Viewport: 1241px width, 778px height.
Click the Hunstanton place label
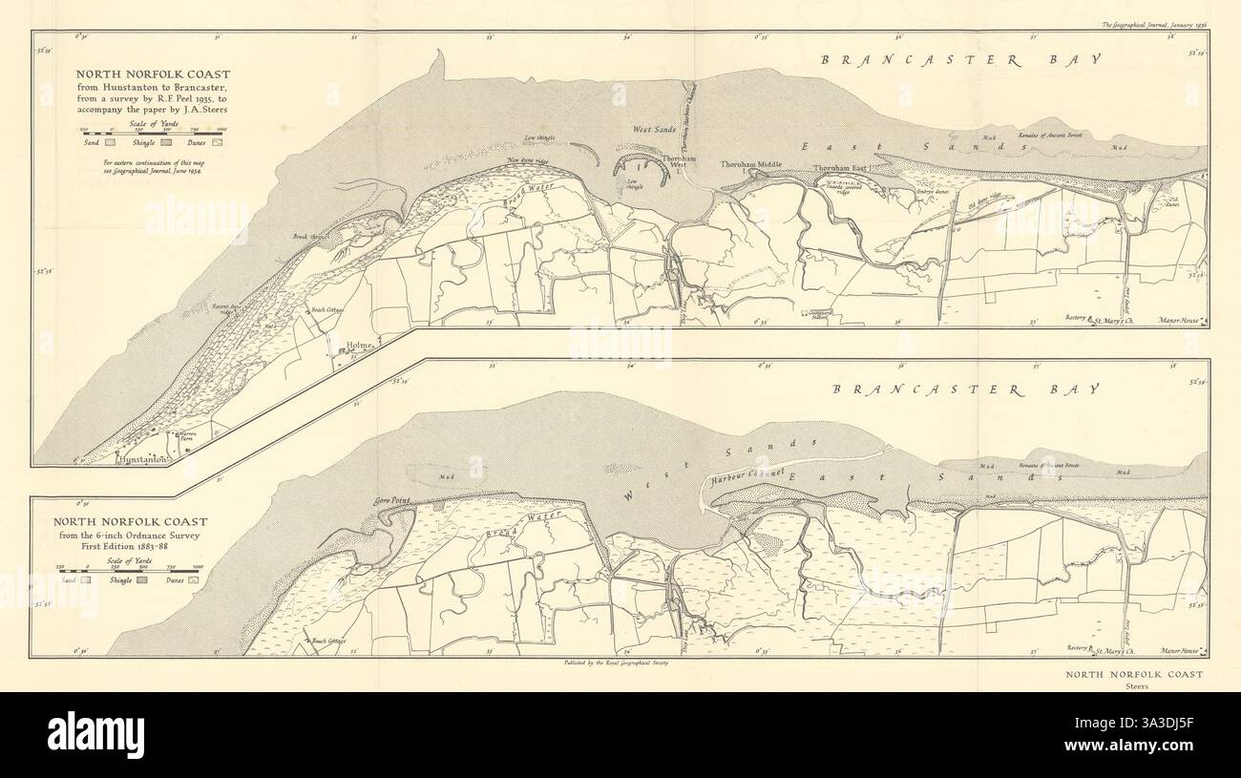tap(142, 459)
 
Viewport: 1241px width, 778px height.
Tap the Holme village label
tap(361, 345)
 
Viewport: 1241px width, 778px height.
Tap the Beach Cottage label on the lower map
tap(327, 641)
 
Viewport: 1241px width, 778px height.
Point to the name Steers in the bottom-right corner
tap(1136, 685)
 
